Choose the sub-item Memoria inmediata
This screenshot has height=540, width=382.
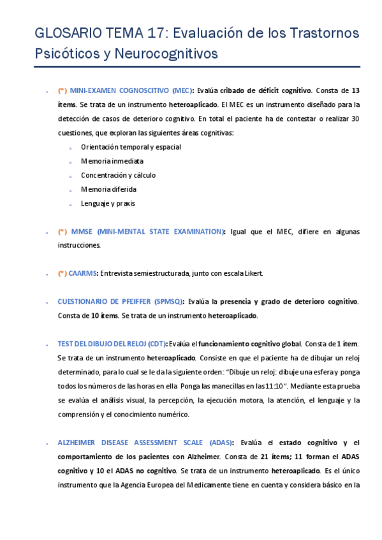coord(112,161)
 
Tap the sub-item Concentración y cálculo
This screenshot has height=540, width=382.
coord(118,175)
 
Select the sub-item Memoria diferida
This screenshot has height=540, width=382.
coord(108,189)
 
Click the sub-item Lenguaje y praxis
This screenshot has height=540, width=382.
coord(108,204)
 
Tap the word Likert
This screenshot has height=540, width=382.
coord(251,273)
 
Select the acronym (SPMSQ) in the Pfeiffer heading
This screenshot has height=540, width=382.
coord(168,301)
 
